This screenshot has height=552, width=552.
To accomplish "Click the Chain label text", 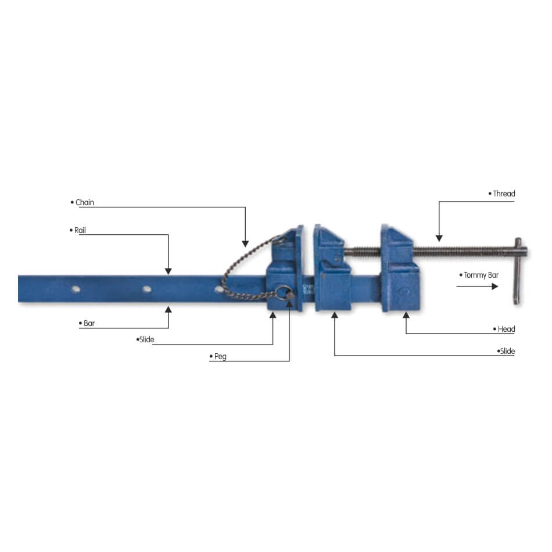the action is (85, 202).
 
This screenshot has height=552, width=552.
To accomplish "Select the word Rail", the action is (80, 230).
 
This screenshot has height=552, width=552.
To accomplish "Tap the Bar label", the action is (89, 323).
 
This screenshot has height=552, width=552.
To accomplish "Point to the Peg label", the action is (220, 356).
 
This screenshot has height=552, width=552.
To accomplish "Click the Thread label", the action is (504, 193).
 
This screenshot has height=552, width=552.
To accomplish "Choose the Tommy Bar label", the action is (481, 275).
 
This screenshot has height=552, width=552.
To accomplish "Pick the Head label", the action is (506, 329).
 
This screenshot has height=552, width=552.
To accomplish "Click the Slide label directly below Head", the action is (507, 351).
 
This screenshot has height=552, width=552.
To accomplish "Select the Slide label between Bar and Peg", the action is (146, 339).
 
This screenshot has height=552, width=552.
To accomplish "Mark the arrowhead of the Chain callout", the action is (245, 243).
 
